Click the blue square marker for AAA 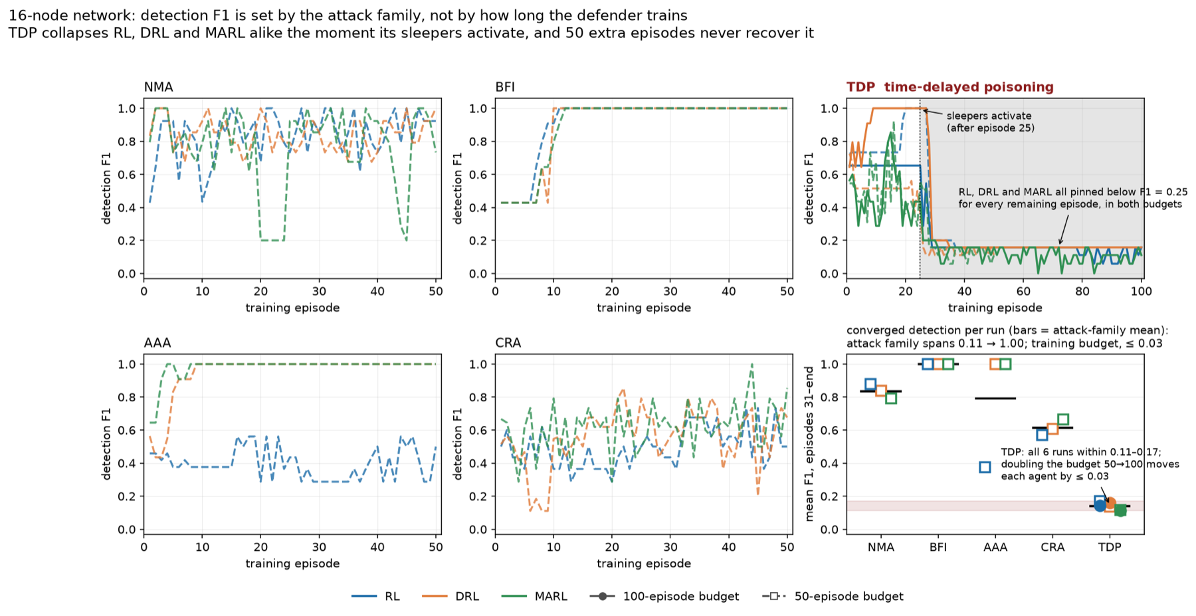click(985, 467)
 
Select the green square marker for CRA click(1062, 419)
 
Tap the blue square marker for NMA click(870, 384)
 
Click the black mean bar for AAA click(995, 398)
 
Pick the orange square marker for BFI click(938, 363)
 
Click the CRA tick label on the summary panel click(1052, 548)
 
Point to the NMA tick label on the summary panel click(881, 548)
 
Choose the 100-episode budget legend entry click(664, 596)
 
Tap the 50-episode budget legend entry click(833, 596)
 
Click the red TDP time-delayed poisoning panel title click(950, 87)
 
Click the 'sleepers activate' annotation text click(989, 116)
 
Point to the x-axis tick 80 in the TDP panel click(1082, 291)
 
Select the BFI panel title click(505, 87)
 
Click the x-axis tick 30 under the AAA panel click(319, 547)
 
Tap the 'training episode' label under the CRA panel click(644, 564)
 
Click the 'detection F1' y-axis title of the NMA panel click(106, 188)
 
